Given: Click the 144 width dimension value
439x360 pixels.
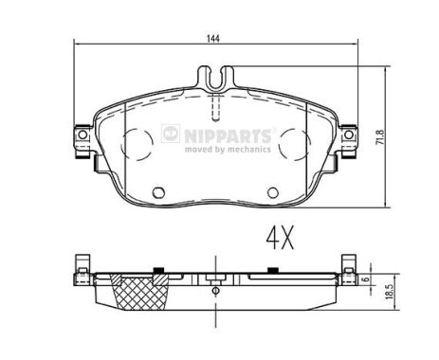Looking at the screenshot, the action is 213,39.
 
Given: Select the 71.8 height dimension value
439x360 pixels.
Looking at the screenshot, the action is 380,137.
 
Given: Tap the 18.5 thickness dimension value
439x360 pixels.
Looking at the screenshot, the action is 389,291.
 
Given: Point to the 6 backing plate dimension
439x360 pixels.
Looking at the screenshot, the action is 366,279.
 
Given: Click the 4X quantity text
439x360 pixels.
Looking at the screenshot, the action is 280,238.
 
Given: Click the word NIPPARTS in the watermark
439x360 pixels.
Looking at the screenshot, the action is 228,135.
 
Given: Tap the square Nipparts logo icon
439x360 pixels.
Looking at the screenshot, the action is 171,134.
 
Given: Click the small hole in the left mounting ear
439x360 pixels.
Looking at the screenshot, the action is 82,135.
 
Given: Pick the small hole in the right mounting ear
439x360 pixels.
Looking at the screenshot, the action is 348,135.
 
